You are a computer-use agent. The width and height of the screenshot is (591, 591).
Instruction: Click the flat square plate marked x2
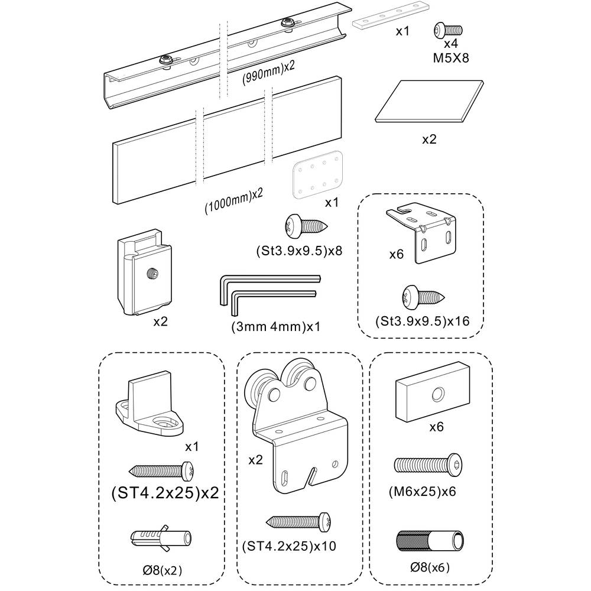[x=428, y=102]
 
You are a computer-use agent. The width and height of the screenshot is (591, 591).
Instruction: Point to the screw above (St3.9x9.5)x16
[x=424, y=296]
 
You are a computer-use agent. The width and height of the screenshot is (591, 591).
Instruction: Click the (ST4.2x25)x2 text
[x=164, y=493]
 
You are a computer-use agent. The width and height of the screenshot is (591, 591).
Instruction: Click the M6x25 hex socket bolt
[x=427, y=465]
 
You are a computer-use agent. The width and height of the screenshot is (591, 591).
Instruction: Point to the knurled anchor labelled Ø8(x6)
[x=429, y=540]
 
